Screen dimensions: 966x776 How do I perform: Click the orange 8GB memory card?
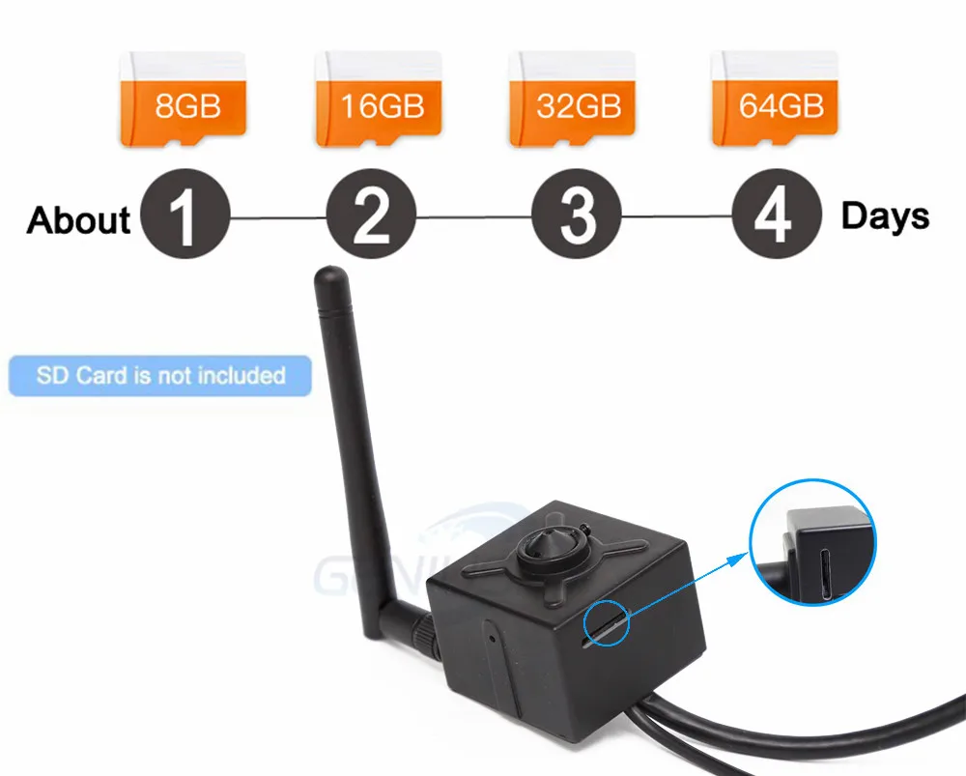coord(183,99)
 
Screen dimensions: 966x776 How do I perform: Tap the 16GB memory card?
coord(380,99)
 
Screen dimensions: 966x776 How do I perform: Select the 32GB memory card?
coord(573,99)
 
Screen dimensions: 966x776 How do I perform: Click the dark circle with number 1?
coord(185,215)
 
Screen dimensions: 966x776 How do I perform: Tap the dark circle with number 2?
coord(371,215)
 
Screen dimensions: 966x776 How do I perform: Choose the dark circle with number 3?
coord(577,215)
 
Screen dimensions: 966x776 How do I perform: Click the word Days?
coord(885,216)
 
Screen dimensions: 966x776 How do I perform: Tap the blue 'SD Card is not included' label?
coord(160,375)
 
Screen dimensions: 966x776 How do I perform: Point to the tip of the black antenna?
coord(328,280)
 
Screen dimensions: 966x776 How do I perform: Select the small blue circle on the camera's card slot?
coord(606,624)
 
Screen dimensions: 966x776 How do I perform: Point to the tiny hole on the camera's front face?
coord(493,637)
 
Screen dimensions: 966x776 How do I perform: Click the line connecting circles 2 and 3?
coord(473,217)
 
